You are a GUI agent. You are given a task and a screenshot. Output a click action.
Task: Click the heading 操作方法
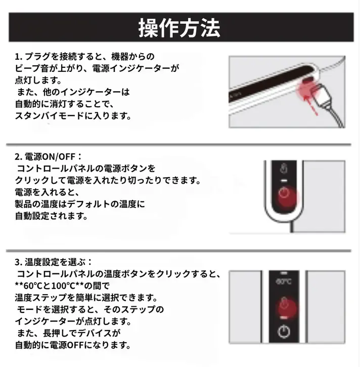click(179, 28)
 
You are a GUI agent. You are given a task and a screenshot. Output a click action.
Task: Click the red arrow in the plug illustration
click(310, 106)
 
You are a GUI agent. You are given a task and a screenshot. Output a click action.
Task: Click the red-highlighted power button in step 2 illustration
click(285, 196)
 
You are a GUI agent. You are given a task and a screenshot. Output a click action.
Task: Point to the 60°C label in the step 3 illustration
click(284, 281)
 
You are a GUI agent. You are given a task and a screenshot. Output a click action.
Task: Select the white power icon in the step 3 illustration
click(284, 331)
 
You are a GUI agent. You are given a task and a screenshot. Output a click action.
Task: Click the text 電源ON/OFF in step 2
click(50, 157)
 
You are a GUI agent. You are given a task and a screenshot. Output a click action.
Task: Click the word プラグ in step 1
click(37, 57)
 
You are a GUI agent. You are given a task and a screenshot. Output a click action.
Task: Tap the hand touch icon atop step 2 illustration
click(284, 168)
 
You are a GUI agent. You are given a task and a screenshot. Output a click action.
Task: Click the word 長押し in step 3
click(56, 333)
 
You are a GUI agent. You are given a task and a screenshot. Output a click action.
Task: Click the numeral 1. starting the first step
click(19, 57)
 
